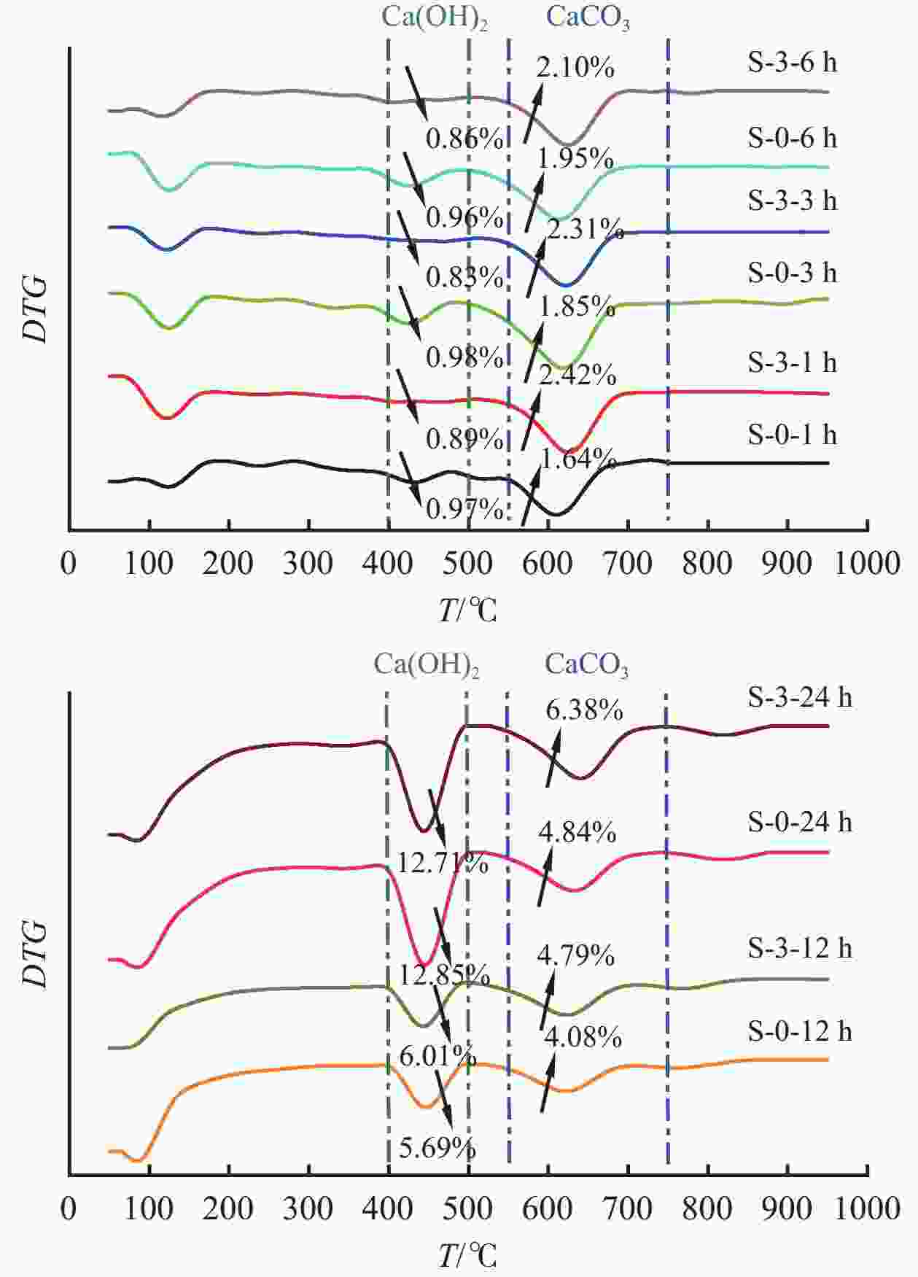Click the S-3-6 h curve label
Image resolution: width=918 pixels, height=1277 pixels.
792,63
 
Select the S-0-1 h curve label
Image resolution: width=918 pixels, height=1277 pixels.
792,435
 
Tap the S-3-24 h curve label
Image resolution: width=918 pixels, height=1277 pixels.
799,698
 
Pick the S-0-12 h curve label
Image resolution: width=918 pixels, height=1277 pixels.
799,1031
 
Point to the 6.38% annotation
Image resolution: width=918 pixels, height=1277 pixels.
584,710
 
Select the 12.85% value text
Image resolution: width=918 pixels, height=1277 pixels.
444,974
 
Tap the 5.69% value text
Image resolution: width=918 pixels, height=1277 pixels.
437,1148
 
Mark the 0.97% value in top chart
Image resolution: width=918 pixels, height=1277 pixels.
464,509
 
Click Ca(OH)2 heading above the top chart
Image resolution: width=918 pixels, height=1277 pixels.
435,18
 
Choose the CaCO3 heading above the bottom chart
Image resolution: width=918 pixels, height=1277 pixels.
586,665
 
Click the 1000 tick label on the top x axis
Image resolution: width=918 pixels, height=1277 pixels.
867,564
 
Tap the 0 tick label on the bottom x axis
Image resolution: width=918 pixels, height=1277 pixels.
69,1208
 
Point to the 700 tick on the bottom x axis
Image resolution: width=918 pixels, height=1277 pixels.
628,1208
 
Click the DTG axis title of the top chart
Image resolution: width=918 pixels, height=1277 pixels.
34,308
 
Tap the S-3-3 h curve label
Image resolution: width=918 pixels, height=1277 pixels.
792,201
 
